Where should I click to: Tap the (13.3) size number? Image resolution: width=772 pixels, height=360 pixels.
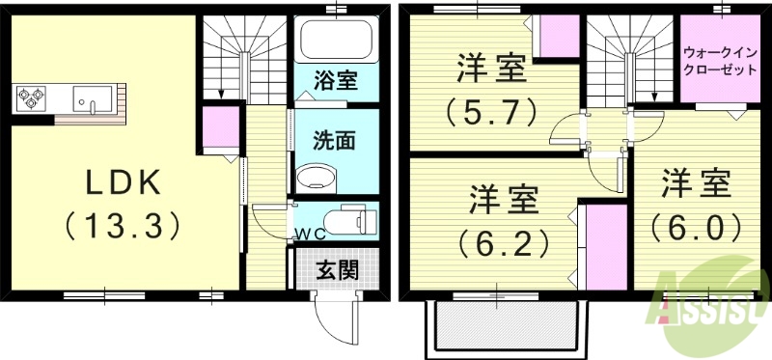(x=123, y=227)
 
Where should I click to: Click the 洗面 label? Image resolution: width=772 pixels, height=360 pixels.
(x=334, y=141)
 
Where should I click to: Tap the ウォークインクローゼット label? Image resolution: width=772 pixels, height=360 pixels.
(x=718, y=62)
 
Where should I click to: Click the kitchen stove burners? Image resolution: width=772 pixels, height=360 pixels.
(x=32, y=97)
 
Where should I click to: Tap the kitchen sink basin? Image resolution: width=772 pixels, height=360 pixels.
(x=94, y=97)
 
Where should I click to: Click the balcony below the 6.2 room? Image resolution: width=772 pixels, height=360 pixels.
(x=506, y=324)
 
